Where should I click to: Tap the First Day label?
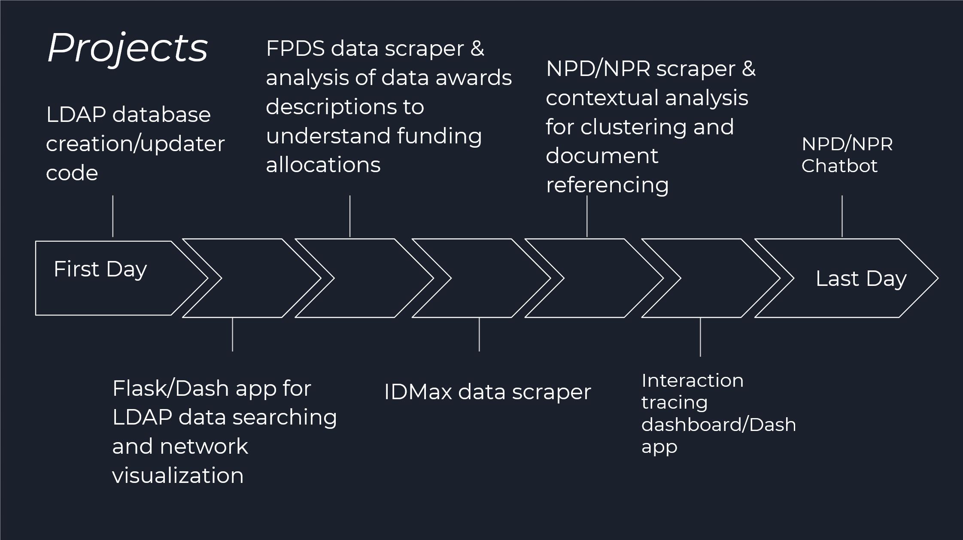point(100,270)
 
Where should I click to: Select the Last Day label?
point(861,279)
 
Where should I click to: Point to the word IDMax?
point(418,392)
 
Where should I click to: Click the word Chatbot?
point(839,166)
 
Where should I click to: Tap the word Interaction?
point(692,381)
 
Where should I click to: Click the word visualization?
point(178,476)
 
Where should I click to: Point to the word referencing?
point(607,185)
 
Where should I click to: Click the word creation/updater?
point(135,144)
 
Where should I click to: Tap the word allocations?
point(323,165)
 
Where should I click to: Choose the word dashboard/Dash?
point(719,425)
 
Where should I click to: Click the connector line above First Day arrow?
point(113,216)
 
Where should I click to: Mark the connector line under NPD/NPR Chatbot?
point(842,216)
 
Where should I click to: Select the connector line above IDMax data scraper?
point(479,334)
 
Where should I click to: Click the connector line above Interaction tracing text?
point(700,337)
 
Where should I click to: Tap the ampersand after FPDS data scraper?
point(477,49)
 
